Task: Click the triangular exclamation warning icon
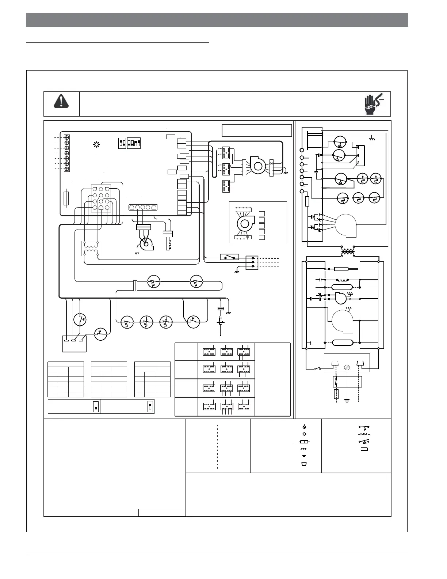point(61,100)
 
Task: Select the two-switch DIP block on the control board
point(122,143)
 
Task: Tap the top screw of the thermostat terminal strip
point(67,138)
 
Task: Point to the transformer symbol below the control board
point(91,249)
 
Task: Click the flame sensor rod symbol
point(221,322)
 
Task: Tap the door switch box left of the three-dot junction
point(229,257)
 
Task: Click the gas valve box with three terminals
point(74,344)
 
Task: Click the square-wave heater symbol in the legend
point(365,434)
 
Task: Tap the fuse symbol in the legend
point(364,448)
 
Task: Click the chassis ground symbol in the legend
point(303,449)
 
